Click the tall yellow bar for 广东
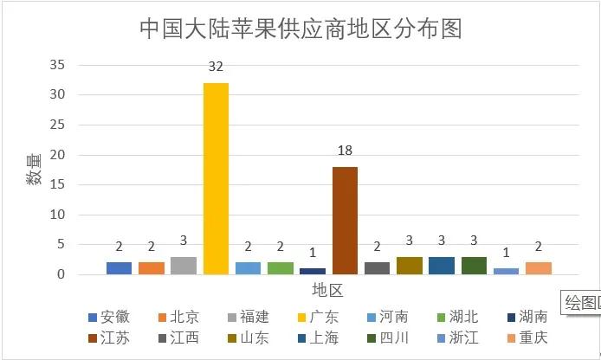click(216, 178)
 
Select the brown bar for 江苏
click(345, 221)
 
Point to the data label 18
click(345, 151)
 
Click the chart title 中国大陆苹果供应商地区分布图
click(300, 29)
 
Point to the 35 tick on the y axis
click(57, 65)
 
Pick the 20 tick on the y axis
click(57, 155)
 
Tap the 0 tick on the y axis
click(61, 274)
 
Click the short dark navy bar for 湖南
click(313, 271)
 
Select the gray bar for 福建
click(184, 266)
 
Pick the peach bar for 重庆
click(538, 268)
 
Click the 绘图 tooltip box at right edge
click(580, 302)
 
